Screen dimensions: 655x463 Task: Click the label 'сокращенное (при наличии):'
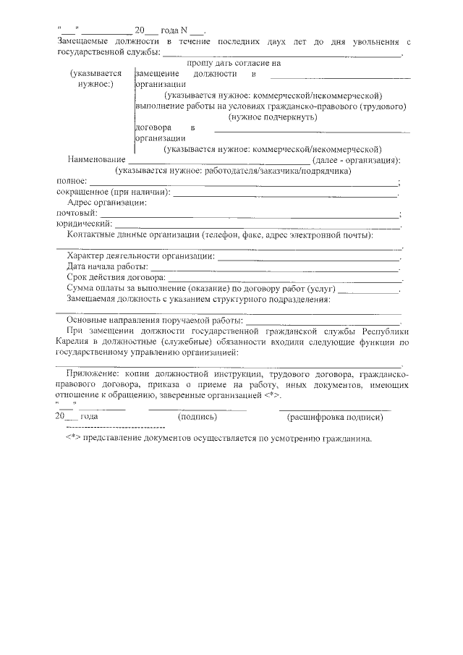[x=113, y=193]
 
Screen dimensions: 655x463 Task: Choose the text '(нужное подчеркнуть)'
[x=272, y=117]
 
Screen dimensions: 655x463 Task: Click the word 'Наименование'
[x=95, y=160]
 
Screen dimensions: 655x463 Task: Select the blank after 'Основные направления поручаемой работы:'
[x=323, y=321]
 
